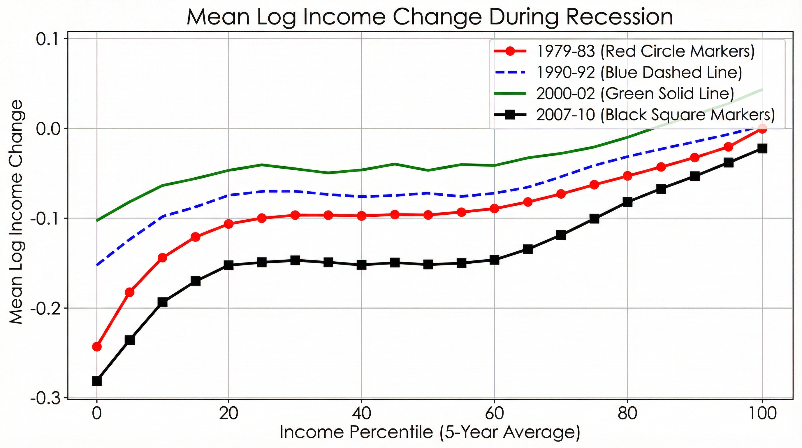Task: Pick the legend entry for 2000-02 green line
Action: point(635,93)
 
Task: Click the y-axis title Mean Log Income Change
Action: point(15,212)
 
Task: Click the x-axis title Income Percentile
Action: point(430,433)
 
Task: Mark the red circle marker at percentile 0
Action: point(97,346)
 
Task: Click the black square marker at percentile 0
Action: point(97,381)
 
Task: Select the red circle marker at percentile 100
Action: point(762,128)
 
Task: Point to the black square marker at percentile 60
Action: point(494,260)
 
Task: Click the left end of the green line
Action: point(97,220)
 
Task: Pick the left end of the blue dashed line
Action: point(97,265)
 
